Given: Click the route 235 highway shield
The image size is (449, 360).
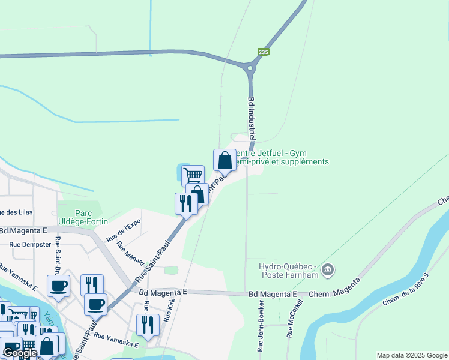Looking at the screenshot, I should [x=263, y=52].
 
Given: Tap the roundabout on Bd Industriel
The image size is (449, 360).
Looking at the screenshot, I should [x=251, y=67].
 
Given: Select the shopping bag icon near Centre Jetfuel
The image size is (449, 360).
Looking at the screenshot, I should [x=224, y=160].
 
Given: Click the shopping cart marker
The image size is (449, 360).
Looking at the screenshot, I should [x=193, y=175].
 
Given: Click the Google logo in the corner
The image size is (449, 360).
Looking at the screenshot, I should [x=19, y=353].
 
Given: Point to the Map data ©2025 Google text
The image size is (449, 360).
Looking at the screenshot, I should [x=411, y=355].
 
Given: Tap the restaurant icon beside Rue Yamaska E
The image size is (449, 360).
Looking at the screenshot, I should [x=148, y=325].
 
